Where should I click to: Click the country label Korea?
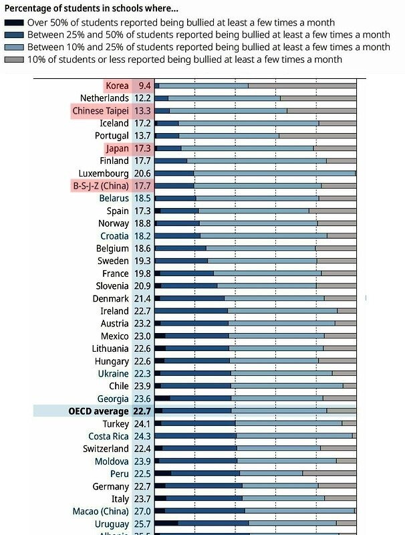click(x=117, y=86)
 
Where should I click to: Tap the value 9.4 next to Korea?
click(x=144, y=86)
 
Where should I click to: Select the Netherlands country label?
click(x=104, y=98)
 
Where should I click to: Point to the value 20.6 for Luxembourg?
click(x=142, y=173)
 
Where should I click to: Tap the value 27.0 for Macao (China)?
click(x=142, y=512)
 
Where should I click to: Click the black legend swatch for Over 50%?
click(x=14, y=23)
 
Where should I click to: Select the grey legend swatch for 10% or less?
click(x=14, y=60)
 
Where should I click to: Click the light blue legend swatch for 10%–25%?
click(x=14, y=47)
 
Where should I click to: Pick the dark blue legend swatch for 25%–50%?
click(x=14, y=35)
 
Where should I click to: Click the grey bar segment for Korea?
click(x=302, y=86)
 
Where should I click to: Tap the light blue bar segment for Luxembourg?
click(x=274, y=173)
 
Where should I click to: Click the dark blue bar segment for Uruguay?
click(x=213, y=524)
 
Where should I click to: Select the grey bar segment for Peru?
click(x=329, y=473)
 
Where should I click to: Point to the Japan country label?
click(x=117, y=148)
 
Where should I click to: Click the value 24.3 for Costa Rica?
click(x=142, y=437)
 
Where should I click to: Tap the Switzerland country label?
click(x=106, y=449)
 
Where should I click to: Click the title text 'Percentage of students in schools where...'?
click(x=92, y=9)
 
